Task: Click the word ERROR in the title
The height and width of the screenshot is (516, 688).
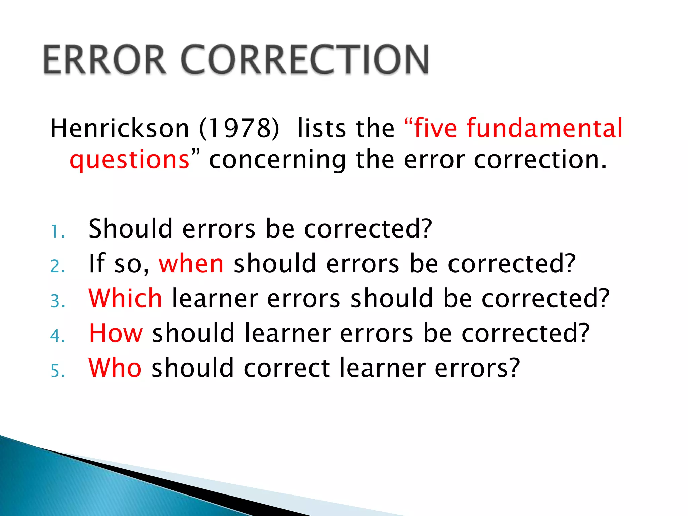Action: pos(104,59)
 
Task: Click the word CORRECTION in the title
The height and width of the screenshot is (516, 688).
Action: pos(305,59)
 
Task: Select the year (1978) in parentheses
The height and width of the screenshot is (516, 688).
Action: pos(239,128)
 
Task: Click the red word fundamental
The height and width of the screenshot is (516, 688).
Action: pos(545,128)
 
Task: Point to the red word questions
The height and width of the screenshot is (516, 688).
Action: pos(130,160)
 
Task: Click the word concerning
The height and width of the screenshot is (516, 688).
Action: pos(277,160)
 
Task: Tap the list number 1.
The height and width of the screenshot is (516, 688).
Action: pos(57,232)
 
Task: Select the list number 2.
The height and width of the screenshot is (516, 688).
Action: pos(57,267)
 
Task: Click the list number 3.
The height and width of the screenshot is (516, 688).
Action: pos(57,301)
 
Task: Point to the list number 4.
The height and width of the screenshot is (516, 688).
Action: pos(57,336)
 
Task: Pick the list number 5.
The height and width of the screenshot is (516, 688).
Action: pos(57,371)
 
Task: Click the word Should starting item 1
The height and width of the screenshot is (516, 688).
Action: pos(130,229)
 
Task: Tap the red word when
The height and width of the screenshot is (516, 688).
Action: pos(191,264)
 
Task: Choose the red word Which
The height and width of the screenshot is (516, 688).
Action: pos(125,298)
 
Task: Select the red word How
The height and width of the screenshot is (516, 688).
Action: pos(116,333)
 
